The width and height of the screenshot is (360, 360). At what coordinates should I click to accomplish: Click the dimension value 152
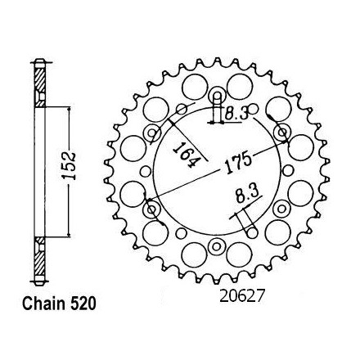pyautogui.click(x=69, y=166)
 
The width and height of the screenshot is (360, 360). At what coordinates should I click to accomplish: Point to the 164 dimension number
pyautogui.click(x=186, y=155)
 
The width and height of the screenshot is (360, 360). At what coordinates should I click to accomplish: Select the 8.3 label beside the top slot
pyautogui.click(x=236, y=114)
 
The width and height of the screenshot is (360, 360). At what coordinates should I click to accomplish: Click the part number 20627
pyautogui.click(x=242, y=296)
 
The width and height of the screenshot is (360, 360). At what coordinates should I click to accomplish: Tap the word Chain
pyautogui.click(x=44, y=304)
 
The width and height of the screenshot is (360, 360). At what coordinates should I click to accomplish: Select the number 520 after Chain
pyautogui.click(x=83, y=304)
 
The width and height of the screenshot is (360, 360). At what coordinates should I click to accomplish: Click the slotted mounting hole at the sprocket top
pyautogui.click(x=217, y=96)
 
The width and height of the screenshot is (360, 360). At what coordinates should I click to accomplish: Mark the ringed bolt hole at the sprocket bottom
pyautogui.click(x=217, y=247)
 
